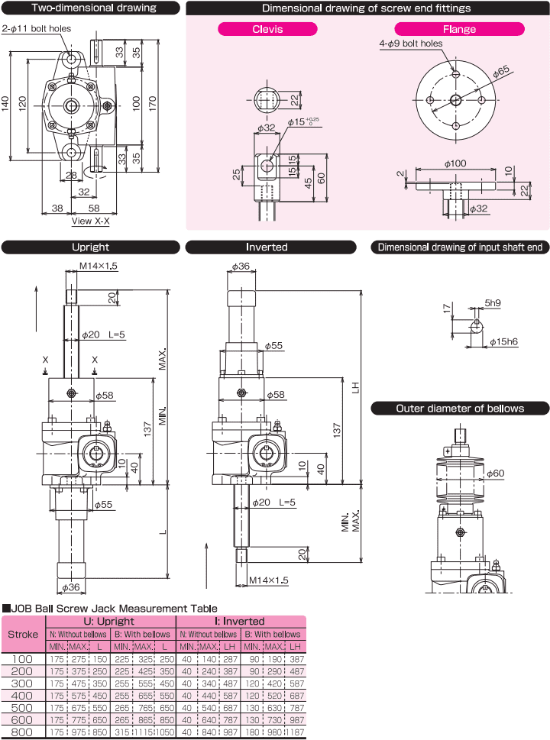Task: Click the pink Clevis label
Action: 267,30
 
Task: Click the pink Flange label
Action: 459,30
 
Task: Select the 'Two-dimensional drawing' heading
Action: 91,8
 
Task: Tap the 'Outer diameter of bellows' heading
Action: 460,409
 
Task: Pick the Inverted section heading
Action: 267,247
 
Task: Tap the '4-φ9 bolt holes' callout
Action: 411,44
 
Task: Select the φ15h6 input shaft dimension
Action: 503,341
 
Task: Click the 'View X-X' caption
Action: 91,221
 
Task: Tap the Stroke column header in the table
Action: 23,634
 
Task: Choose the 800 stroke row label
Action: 23,732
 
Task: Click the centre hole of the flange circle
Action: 455,100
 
